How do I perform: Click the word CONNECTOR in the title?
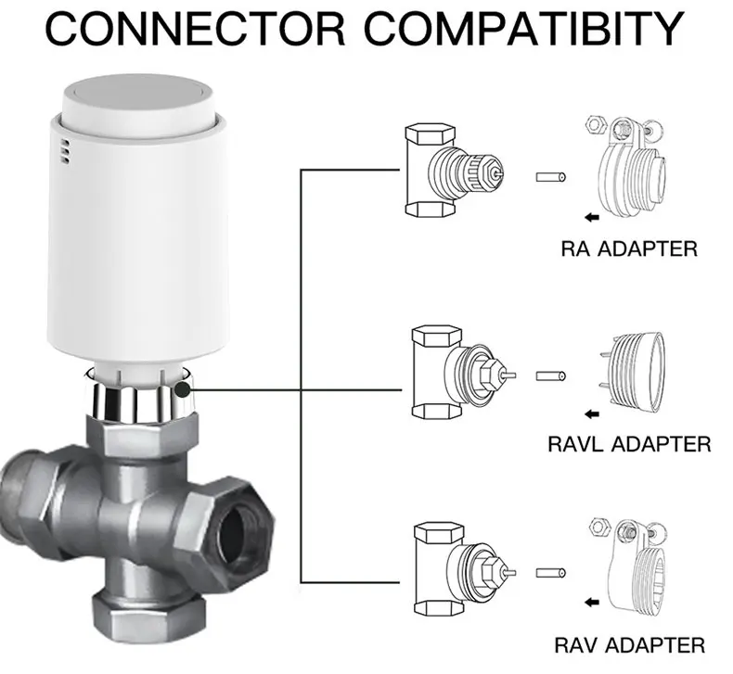[x=196, y=28]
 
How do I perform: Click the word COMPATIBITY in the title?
[x=524, y=28]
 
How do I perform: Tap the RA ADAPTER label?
[x=629, y=248]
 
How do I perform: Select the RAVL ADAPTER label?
[x=629, y=444]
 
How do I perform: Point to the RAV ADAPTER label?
[x=630, y=645]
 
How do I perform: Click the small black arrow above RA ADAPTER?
[x=592, y=217]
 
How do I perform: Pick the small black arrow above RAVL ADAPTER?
[x=592, y=413]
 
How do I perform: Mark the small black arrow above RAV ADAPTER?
[x=592, y=602]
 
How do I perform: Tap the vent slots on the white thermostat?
[x=66, y=151]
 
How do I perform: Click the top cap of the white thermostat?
[x=138, y=100]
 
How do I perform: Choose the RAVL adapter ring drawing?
[x=631, y=375]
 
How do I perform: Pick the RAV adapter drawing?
[x=629, y=565]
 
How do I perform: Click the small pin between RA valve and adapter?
[x=551, y=177]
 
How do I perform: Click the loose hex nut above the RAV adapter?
[x=598, y=527]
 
